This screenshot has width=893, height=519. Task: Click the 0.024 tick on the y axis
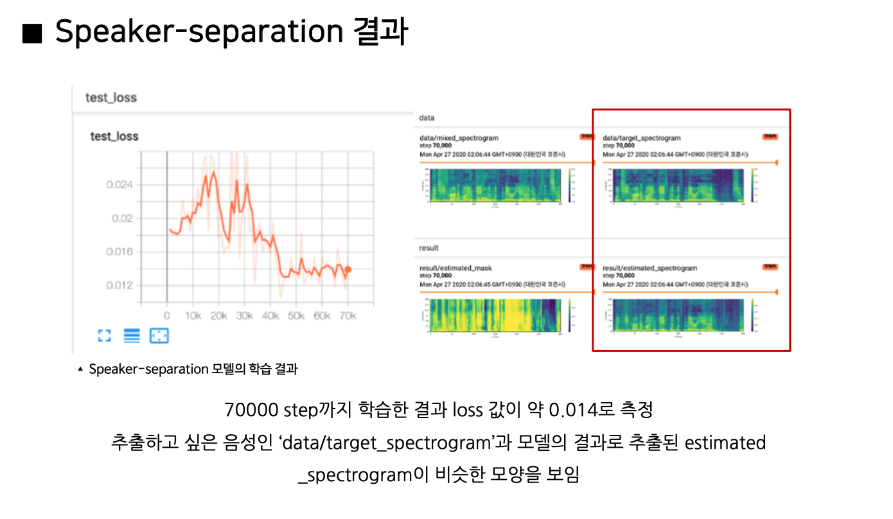coord(119,185)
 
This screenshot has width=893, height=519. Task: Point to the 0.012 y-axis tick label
coord(119,285)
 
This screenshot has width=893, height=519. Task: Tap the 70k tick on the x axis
coord(348,316)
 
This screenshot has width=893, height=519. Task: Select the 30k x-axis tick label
coord(244,316)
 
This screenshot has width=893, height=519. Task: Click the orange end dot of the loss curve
coord(348,270)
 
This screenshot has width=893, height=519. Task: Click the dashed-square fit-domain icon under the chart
coord(104,335)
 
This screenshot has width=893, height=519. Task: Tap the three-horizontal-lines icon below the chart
coord(131,335)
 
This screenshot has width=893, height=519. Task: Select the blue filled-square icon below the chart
coord(159,335)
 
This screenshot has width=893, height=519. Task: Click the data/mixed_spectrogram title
coord(458,138)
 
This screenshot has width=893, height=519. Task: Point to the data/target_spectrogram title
coord(641,138)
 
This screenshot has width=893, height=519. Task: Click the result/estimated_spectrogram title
coord(650,268)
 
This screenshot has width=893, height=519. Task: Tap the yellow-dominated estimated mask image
coord(495,315)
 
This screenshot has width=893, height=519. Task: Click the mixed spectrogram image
coord(495,185)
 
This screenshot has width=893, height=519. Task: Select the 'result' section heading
coord(429,248)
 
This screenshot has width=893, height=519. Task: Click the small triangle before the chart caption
coord(80,369)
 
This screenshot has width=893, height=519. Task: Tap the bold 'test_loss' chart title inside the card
coord(114,136)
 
